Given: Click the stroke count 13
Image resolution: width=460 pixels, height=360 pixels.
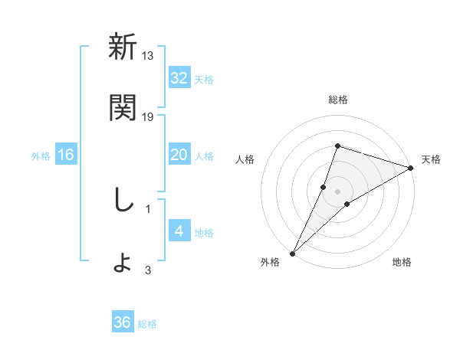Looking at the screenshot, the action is pyautogui.click(x=148, y=55).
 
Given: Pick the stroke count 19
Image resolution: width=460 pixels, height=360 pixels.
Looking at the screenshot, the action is pyautogui.click(x=148, y=116).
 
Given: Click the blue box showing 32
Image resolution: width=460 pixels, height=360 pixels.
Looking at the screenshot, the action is pyautogui.click(x=179, y=78).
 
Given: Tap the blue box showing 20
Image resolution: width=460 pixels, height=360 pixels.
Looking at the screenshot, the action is pyautogui.click(x=179, y=155).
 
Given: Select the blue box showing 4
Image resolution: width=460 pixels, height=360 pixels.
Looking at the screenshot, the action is pyautogui.click(x=179, y=231).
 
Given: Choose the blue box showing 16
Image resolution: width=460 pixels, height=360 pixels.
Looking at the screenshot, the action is pyautogui.click(x=66, y=155).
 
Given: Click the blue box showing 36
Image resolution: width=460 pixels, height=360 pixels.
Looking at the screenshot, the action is pyautogui.click(x=123, y=322).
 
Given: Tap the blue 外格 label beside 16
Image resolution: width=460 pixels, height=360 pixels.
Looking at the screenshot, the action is pyautogui.click(x=41, y=155).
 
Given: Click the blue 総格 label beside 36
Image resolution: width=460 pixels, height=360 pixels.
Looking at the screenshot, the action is pyautogui.click(x=147, y=324).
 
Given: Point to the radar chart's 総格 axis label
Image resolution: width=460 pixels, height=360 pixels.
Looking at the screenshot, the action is pyautogui.click(x=337, y=100).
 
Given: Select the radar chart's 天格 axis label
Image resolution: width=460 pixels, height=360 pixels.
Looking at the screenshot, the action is pyautogui.click(x=431, y=159).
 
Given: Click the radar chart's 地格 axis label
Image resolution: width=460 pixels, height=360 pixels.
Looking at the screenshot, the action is pyautogui.click(x=402, y=262).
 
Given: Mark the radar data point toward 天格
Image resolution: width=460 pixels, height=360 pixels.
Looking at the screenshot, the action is pyautogui.click(x=410, y=168).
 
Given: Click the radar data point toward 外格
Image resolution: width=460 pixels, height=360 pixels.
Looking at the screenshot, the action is pyautogui.click(x=293, y=253).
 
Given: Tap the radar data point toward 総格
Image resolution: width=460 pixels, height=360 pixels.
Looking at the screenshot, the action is pyautogui.click(x=337, y=146).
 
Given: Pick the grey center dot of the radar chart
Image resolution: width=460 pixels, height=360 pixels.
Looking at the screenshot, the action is pyautogui.click(x=337, y=191).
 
